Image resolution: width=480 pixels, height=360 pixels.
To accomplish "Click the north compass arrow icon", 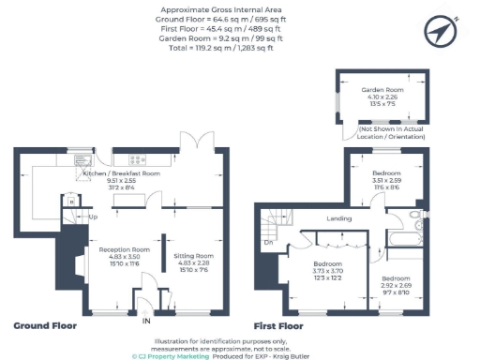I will (440, 32).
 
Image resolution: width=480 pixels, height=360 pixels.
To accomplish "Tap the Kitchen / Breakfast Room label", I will (122, 174).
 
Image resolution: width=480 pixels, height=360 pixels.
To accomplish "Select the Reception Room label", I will (119, 249).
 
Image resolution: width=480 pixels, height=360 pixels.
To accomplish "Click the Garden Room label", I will (381, 90).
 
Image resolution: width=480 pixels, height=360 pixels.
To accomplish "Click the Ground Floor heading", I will (44, 326).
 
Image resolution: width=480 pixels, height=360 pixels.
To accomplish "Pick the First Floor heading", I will (278, 326).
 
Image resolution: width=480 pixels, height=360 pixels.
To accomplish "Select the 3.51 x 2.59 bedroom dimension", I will (386, 182).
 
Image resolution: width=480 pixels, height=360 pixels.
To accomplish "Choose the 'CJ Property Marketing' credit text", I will (170, 355).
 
